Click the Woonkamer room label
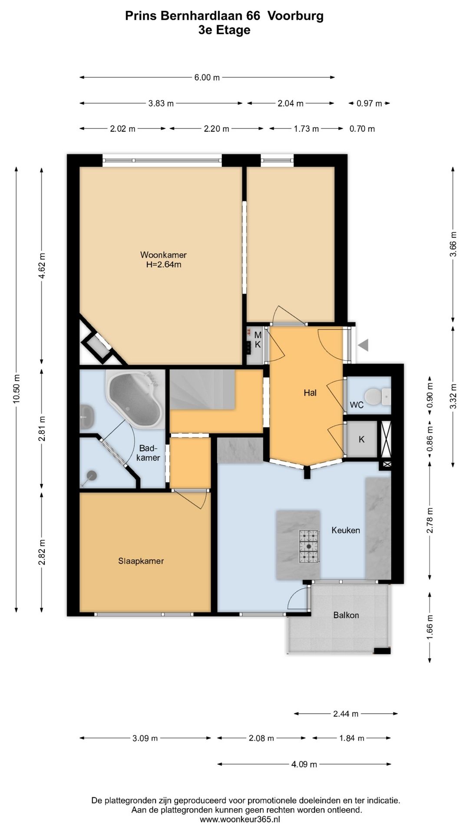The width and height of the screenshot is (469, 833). (163, 255)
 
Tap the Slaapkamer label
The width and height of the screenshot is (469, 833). (141, 561)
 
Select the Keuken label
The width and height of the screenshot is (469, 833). (346, 530)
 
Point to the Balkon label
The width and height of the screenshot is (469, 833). (346, 615)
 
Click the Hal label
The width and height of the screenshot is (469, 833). (310, 393)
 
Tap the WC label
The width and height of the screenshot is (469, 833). (357, 405)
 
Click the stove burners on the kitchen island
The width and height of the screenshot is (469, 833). (309, 546)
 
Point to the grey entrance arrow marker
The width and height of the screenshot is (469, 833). (364, 345)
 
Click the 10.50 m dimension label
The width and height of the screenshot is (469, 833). (17, 388)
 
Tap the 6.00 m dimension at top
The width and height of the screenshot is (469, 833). (207, 78)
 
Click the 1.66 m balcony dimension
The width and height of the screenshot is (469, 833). (430, 627)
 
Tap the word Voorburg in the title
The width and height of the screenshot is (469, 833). (296, 16)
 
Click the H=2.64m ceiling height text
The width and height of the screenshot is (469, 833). (163, 264)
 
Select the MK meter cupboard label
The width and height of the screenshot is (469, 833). (258, 340)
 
